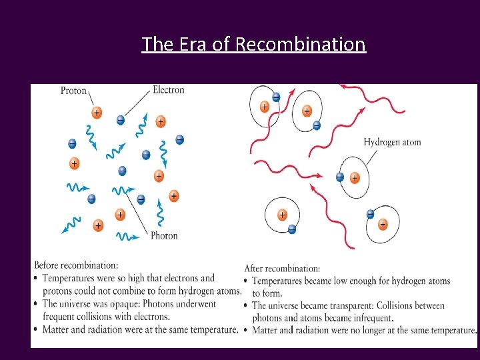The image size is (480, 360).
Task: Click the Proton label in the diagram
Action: pos(73,90)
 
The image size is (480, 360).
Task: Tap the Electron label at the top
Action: pos(169,89)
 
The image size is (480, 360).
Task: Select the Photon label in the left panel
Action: pos(164,235)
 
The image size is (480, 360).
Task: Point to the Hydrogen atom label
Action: pos(392,142)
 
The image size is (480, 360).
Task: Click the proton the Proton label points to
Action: pos(97,113)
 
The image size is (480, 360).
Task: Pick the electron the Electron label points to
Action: pos(120,120)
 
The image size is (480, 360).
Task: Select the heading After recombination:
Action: pos(282,269)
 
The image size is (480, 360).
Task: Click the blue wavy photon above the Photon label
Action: pos(160,213)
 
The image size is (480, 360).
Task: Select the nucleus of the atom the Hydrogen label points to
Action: pos(355,177)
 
